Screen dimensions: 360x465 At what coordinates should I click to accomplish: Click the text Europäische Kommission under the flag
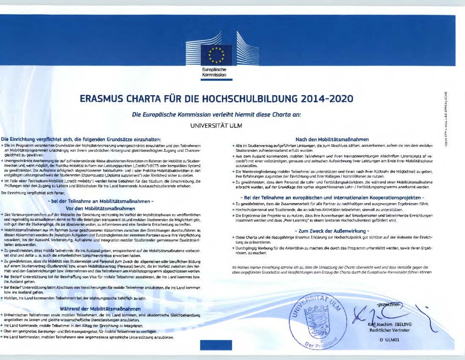tap(214, 72)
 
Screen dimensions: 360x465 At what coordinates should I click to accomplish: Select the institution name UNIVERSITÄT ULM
tap(216, 126)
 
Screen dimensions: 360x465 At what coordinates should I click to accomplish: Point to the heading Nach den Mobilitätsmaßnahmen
tap(332, 139)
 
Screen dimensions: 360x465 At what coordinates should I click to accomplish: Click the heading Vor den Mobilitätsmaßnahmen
tap(100, 208)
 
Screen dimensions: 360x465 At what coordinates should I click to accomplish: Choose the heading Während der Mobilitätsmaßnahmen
tap(100, 309)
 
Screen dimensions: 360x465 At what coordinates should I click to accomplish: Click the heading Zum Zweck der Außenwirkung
tap(332, 231)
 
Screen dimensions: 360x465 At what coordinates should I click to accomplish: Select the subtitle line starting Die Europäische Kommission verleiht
tap(216, 114)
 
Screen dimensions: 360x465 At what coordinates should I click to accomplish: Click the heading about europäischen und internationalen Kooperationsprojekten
tap(332, 198)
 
